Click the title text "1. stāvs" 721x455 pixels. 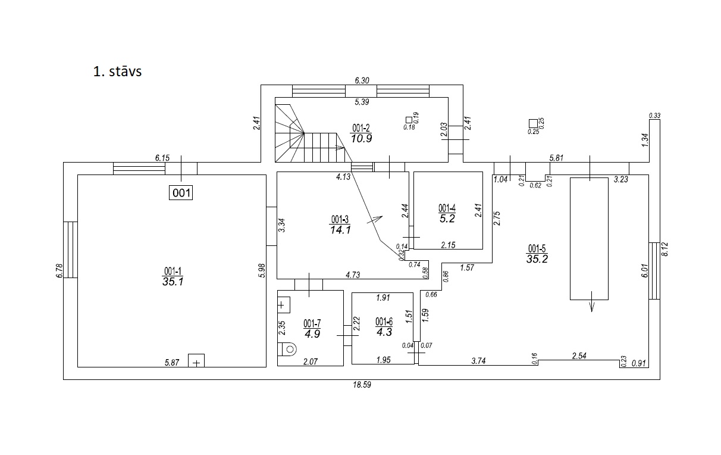(117, 71)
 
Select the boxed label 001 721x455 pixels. (181, 192)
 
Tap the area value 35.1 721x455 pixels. (172, 282)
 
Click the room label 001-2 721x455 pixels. (361, 128)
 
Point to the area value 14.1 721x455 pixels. (340, 228)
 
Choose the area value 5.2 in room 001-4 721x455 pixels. (447, 219)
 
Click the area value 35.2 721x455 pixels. (537, 258)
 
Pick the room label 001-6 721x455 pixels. (384, 322)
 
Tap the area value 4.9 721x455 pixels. (312, 334)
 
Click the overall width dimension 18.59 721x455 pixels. (362, 385)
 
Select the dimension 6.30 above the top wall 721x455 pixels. (362, 80)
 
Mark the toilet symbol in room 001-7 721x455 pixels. (288, 348)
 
